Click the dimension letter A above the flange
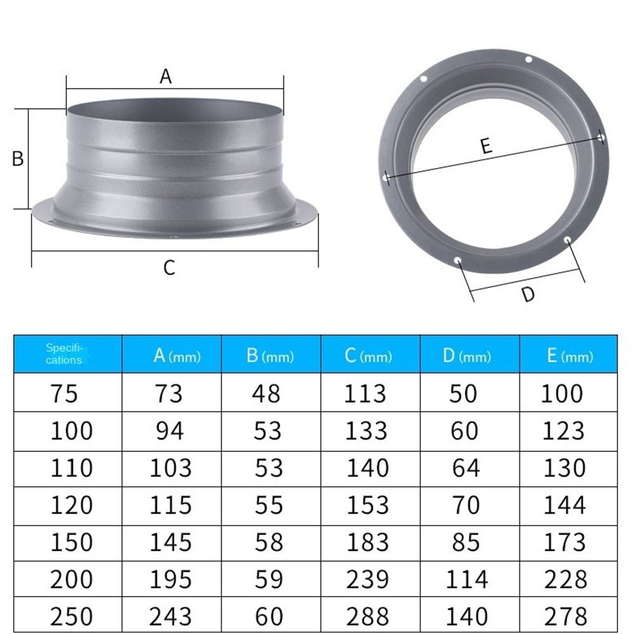[x=165, y=77]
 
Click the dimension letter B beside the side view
[x=18, y=158]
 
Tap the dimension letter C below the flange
[x=169, y=268]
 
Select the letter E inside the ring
[x=486, y=146]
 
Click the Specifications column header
[x=64, y=354]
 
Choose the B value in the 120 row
[x=267, y=505]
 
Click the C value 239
[x=366, y=579]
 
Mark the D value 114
[x=466, y=579]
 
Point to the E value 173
[x=563, y=543]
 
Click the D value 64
[x=466, y=468]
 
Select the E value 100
[x=562, y=394]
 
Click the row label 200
[x=71, y=579]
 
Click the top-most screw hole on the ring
[x=528, y=60]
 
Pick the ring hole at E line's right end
[x=601, y=136]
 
